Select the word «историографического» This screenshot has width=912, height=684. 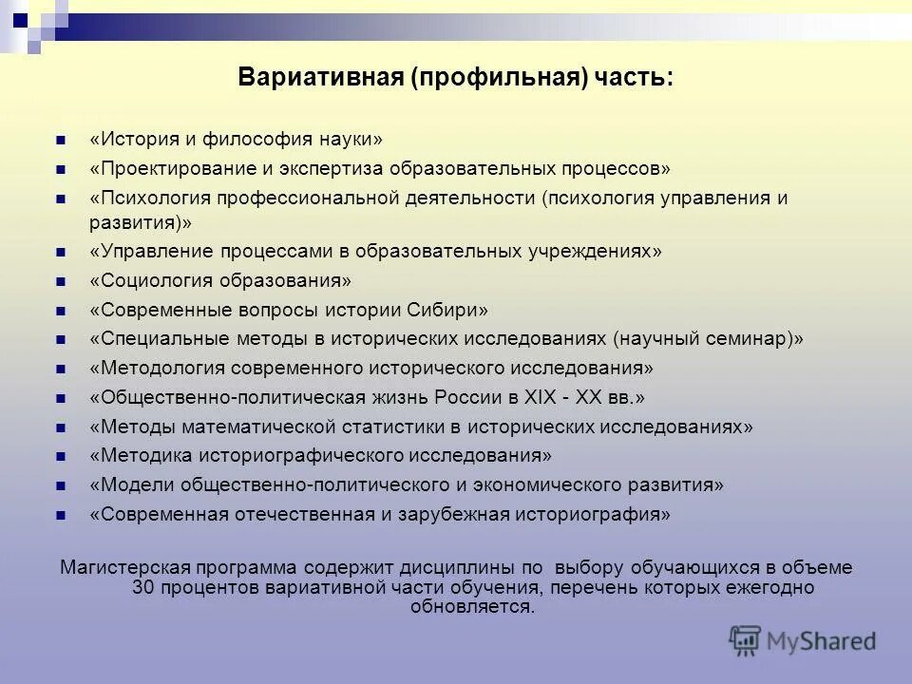point(313,455)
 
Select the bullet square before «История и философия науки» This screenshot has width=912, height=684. point(61,140)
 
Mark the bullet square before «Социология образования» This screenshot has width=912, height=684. point(61,281)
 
